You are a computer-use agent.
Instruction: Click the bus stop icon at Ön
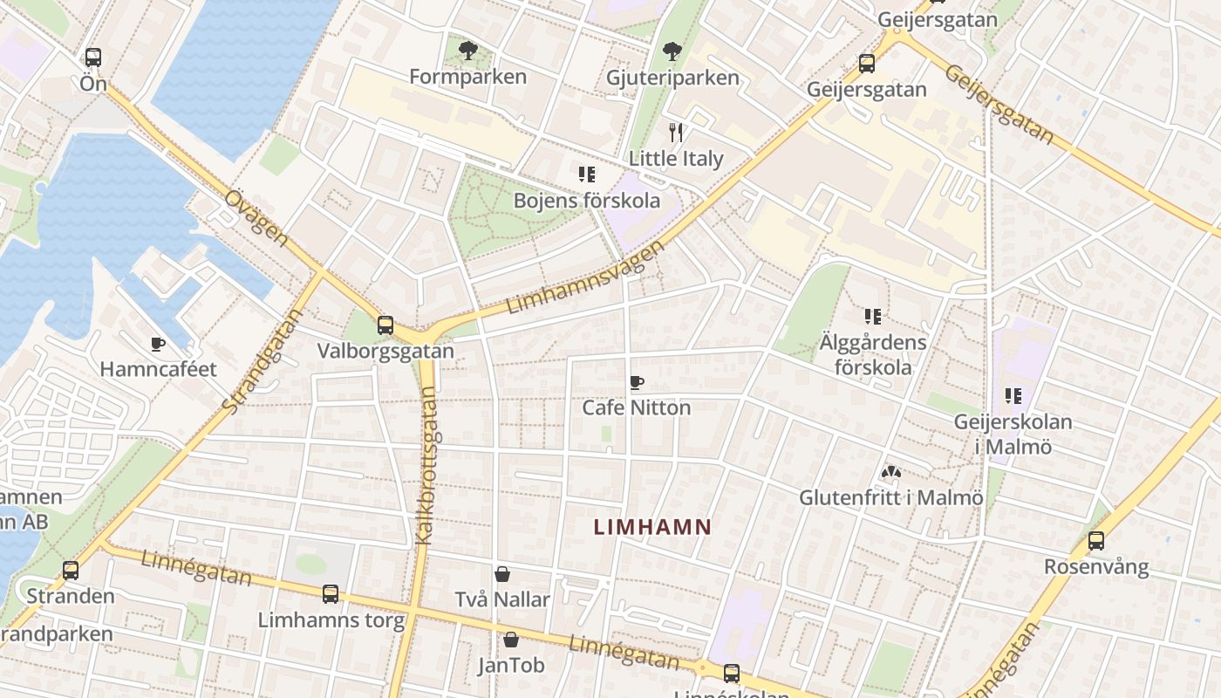[93, 58]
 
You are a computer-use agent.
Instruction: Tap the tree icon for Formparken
[468, 50]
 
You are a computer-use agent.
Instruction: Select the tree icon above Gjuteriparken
[672, 51]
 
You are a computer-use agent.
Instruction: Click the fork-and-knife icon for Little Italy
[676, 133]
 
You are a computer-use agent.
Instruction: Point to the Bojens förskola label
[586, 201]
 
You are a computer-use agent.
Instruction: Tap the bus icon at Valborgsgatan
[385, 325]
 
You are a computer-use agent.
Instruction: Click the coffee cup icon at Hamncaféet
[158, 344]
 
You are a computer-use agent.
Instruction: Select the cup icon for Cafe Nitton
[637, 382]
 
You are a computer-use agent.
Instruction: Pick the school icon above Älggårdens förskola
[873, 316]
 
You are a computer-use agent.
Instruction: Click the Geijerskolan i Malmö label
[1013, 435]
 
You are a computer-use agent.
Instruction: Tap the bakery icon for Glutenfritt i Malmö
[890, 473]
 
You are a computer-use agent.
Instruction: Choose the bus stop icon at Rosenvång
[1096, 541]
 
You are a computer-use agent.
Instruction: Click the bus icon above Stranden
[71, 571]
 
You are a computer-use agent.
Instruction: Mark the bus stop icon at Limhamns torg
[331, 594]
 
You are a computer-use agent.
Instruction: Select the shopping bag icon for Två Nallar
[502, 574]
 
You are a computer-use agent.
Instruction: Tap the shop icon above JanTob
[511, 640]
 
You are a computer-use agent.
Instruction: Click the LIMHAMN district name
[652, 527]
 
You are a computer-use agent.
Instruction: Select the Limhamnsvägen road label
[585, 277]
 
